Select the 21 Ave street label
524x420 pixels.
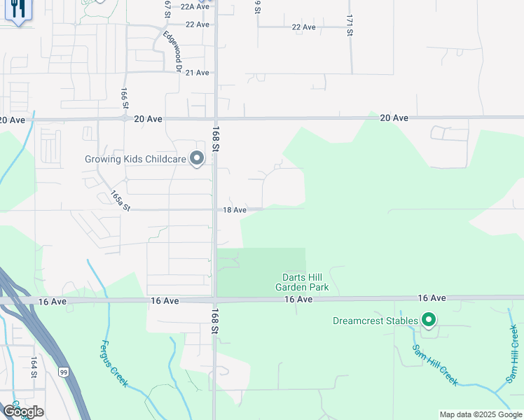[197, 73]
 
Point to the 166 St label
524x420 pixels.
[125, 97]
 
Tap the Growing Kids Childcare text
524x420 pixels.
[135, 160]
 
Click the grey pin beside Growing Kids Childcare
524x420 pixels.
[198, 159]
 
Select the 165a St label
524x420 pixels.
[120, 202]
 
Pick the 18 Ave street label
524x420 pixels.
[235, 210]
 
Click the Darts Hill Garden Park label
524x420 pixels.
[301, 282]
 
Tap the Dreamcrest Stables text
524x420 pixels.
[375, 322]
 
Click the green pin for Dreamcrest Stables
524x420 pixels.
[429, 321]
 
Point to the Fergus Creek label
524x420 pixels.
[114, 363]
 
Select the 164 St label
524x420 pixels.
[33, 367]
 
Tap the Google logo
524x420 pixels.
[23, 412]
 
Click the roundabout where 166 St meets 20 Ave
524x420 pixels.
[125, 118]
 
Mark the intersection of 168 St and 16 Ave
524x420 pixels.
[214, 300]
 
